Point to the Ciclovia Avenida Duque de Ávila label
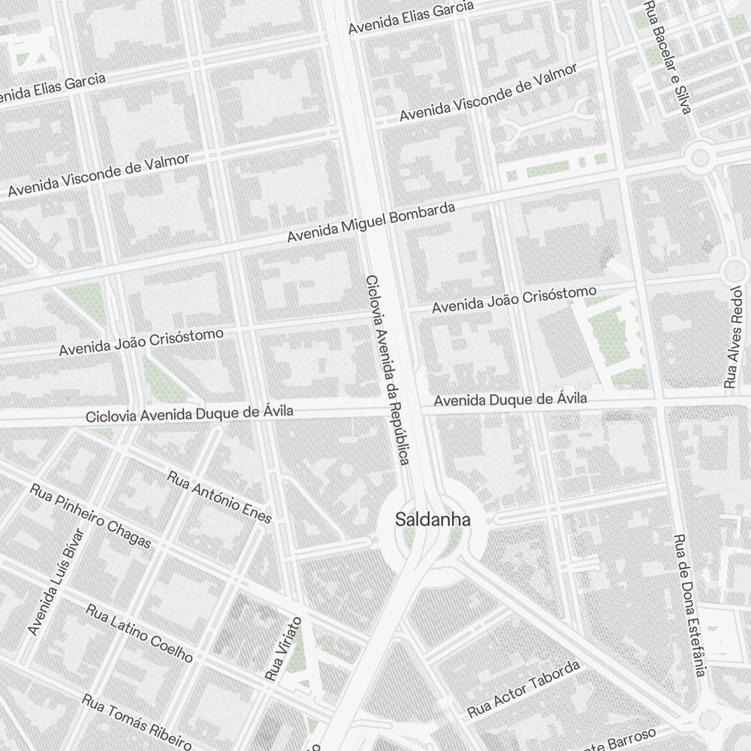coord(189,413)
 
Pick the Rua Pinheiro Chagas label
coord(90,516)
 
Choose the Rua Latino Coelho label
coord(139,633)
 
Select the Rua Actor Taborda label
coord(523,689)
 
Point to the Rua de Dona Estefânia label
coord(687,605)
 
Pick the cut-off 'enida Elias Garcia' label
coord(53,89)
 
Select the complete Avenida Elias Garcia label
coord(411,17)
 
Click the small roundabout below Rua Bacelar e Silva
coord(700,158)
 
